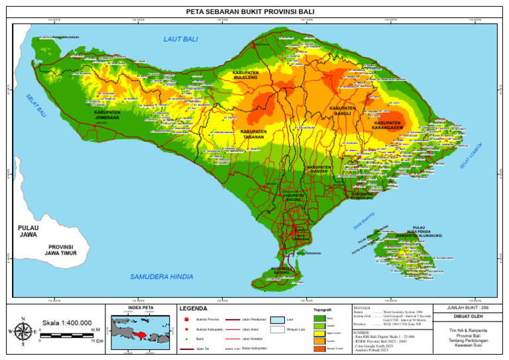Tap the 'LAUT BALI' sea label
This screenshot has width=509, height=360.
[180, 40]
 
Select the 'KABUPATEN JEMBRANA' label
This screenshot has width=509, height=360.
[107, 115]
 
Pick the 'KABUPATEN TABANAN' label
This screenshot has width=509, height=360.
[253, 135]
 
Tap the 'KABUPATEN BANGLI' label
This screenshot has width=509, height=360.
[342, 111]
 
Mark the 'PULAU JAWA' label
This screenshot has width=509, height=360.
[28, 231]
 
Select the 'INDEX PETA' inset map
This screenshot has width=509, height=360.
[139, 329]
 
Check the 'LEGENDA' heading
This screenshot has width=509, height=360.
[193, 309]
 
